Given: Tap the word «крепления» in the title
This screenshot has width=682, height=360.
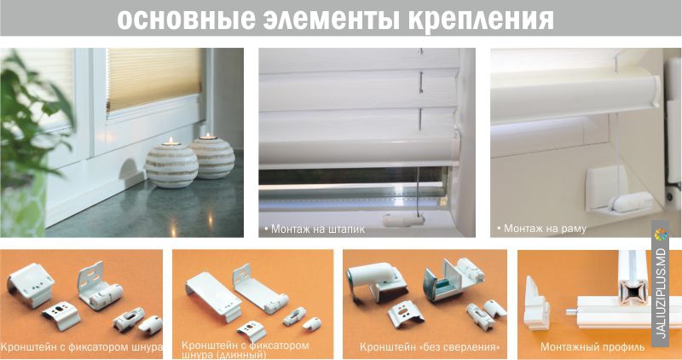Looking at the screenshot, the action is tap(482, 20).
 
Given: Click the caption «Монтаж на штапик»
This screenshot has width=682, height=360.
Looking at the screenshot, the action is tap(315, 229).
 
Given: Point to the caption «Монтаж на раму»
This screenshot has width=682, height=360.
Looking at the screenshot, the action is tap(541, 229).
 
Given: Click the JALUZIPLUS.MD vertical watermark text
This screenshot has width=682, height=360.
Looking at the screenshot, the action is tap(660, 293).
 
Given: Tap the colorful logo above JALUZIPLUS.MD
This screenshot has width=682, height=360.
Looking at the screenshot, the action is tap(660, 235).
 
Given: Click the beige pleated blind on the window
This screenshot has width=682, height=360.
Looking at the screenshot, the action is tap(154, 78).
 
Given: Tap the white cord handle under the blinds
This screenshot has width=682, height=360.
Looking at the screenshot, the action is tap(402, 220).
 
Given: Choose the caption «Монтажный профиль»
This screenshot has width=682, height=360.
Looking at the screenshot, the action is tap(592, 347).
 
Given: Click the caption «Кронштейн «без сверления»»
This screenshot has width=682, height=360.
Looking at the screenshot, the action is tap(430, 347).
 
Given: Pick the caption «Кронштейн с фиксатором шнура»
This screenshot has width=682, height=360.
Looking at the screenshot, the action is tap(81, 347).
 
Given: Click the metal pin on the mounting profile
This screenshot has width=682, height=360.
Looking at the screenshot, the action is tap(571, 311).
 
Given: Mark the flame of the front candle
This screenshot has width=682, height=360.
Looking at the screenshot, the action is tap(170, 141).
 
